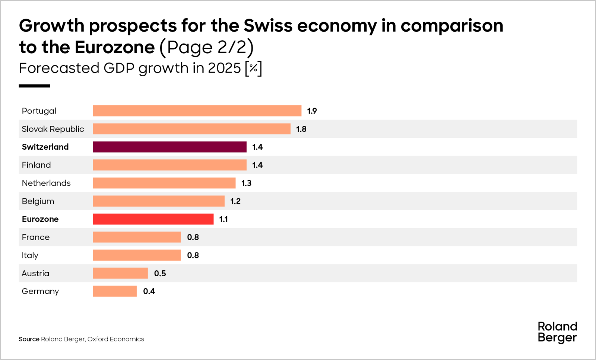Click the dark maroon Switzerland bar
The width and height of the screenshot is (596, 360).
click(169, 147)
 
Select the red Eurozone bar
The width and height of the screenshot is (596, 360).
click(153, 219)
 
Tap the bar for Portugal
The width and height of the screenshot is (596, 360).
click(197, 111)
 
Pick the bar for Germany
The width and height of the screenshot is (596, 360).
click(115, 291)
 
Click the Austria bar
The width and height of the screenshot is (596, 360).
click(120, 273)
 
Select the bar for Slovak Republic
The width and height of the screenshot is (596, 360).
click(191, 129)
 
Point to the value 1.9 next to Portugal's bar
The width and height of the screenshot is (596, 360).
click(312, 111)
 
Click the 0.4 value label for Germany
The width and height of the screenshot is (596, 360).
click(149, 291)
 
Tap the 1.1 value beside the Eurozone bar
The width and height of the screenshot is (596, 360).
click(223, 219)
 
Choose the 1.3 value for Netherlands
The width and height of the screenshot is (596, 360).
click(246, 183)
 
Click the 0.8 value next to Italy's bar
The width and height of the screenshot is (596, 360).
click(193, 255)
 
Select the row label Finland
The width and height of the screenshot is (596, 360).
click(36, 165)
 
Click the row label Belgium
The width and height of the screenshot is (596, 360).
click(38, 201)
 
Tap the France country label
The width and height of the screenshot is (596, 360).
click(36, 238)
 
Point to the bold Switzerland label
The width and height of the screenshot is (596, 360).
click(45, 147)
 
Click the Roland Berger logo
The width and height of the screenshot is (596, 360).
click(557, 332)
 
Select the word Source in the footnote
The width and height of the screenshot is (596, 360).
click(29, 339)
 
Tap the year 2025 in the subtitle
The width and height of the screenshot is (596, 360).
click(224, 68)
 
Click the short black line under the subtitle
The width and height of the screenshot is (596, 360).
click(34, 86)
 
